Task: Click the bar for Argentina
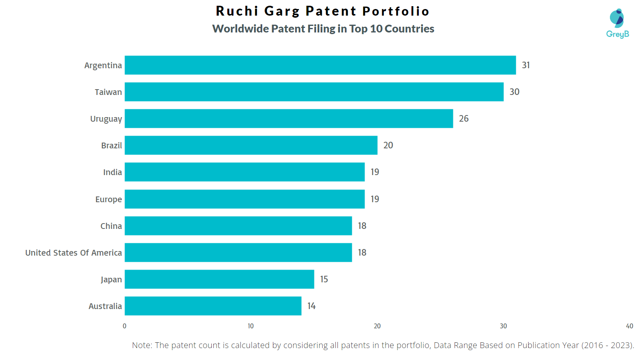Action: point(320,65)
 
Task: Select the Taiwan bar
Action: point(314,92)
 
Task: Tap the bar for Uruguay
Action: point(289,118)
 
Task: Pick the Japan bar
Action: point(219,279)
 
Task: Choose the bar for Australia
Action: point(213,306)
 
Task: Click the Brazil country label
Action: point(111,145)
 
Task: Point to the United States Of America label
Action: point(74,253)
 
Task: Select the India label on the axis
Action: point(112,172)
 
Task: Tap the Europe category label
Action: point(109,199)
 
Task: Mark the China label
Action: point(111,226)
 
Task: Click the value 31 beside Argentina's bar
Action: point(526,65)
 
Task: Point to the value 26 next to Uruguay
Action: point(464,118)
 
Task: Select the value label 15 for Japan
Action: point(324,279)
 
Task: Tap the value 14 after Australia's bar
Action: point(312,306)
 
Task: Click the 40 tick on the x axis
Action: point(629,326)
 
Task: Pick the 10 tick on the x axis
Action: point(251,326)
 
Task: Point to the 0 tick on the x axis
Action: point(125,326)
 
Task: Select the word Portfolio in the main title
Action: point(396,11)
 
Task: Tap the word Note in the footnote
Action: point(141,345)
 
